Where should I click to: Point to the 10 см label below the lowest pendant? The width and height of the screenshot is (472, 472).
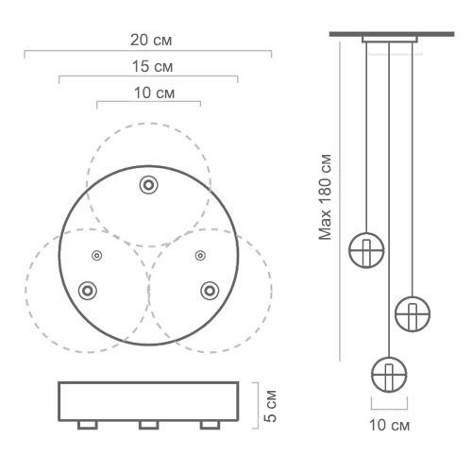(388, 425)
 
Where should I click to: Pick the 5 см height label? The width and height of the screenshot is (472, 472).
(271, 403)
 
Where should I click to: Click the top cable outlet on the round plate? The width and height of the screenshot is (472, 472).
(147, 185)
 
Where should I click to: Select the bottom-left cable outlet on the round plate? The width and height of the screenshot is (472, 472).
(87, 289)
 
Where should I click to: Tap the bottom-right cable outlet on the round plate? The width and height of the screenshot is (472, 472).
(209, 289)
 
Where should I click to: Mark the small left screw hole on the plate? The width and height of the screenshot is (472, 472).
(96, 255)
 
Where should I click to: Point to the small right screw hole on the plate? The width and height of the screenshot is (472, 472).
(199, 255)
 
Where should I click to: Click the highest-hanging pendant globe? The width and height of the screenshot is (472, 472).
(366, 249)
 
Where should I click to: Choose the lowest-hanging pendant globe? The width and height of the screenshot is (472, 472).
(388, 374)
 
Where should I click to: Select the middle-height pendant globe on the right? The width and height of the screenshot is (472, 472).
(413, 311)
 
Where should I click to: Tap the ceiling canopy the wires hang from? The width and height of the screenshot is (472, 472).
(388, 40)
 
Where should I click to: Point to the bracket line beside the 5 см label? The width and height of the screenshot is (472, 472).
(256, 403)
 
